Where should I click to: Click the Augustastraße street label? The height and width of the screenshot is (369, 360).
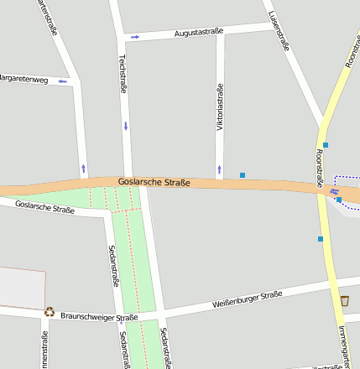[199, 33]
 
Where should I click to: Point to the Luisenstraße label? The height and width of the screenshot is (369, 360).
[279, 32]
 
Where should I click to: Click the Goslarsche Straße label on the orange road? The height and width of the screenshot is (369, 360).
[154, 182]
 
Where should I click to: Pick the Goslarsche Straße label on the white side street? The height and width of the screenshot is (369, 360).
[45, 206]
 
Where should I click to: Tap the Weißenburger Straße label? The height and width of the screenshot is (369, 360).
[247, 299]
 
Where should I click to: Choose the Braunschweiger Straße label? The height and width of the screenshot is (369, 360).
[98, 317]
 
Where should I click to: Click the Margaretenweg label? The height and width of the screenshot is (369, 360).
[23, 80]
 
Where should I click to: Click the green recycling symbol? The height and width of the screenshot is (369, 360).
[50, 312]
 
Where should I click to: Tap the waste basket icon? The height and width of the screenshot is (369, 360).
[344, 300]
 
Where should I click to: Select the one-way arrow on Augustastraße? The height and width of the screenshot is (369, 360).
[135, 37]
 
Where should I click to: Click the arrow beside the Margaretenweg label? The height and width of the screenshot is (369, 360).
[62, 81]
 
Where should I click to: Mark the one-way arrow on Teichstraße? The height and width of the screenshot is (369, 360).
[126, 126]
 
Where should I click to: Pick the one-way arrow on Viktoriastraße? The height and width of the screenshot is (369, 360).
[220, 169]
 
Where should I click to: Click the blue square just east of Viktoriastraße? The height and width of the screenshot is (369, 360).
[243, 175]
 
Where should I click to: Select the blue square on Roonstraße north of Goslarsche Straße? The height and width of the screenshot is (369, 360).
[326, 145]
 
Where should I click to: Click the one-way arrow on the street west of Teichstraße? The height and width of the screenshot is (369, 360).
[83, 168]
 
